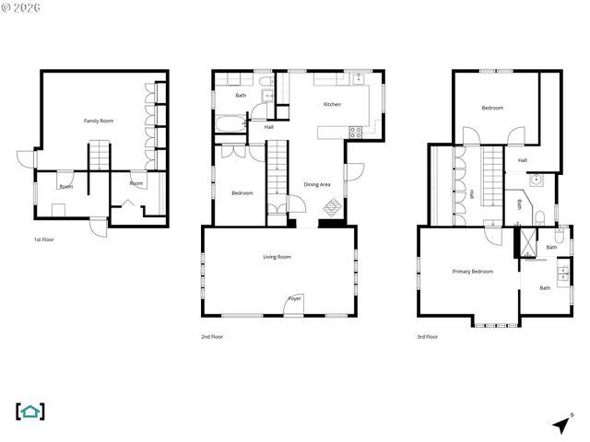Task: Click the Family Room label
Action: pyautogui.click(x=99, y=121)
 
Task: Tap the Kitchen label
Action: pyautogui.click(x=332, y=104)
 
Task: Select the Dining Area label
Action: pyautogui.click(x=317, y=184)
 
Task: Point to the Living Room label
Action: pyautogui.click(x=277, y=257)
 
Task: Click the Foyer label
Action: pyautogui.click(x=294, y=298)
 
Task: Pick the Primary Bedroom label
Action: pyautogui.click(x=472, y=272)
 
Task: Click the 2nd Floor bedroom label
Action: pyautogui.click(x=242, y=192)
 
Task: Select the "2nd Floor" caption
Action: pyautogui.click(x=212, y=337)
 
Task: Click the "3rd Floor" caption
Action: pyautogui.click(x=427, y=337)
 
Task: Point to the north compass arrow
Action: pyautogui.click(x=560, y=425)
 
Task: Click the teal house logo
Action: pyautogui.click(x=30, y=411)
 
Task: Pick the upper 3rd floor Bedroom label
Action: pyautogui.click(x=492, y=109)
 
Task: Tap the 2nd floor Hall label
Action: pyautogui.click(x=268, y=127)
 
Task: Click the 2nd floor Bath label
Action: pyautogui.click(x=241, y=96)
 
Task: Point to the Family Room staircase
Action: pyautogui.click(x=100, y=156)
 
